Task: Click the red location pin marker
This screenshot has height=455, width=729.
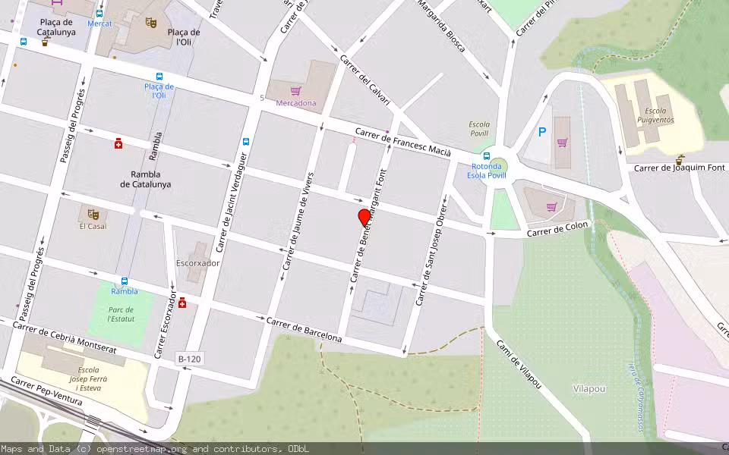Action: click(364, 218)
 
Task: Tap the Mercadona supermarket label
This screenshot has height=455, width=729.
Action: click(296, 103)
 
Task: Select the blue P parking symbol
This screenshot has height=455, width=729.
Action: click(541, 132)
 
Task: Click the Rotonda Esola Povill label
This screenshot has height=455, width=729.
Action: click(487, 171)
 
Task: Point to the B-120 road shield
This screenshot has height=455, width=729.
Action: click(189, 358)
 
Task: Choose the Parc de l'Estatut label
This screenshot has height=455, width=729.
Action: click(121, 315)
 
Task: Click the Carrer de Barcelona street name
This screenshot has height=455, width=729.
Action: click(304, 330)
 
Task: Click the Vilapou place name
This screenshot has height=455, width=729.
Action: click(589, 388)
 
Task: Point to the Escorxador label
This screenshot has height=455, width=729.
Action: click(198, 263)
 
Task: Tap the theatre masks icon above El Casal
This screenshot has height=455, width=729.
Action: click(93, 214)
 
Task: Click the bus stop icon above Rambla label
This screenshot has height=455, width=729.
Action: click(125, 281)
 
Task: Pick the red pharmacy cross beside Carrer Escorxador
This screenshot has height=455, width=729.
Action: click(182, 302)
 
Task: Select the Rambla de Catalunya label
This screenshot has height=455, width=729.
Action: click(145, 179)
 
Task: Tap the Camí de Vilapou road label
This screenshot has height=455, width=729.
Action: click(519, 365)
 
